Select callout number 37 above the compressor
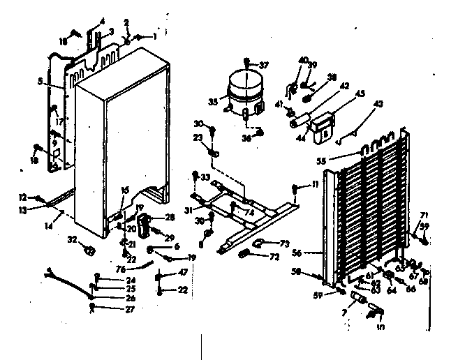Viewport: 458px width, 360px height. (264, 66)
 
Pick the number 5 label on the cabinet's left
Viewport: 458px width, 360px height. (42, 82)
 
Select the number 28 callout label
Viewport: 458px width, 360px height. (169, 218)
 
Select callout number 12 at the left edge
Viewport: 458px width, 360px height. (22, 196)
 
